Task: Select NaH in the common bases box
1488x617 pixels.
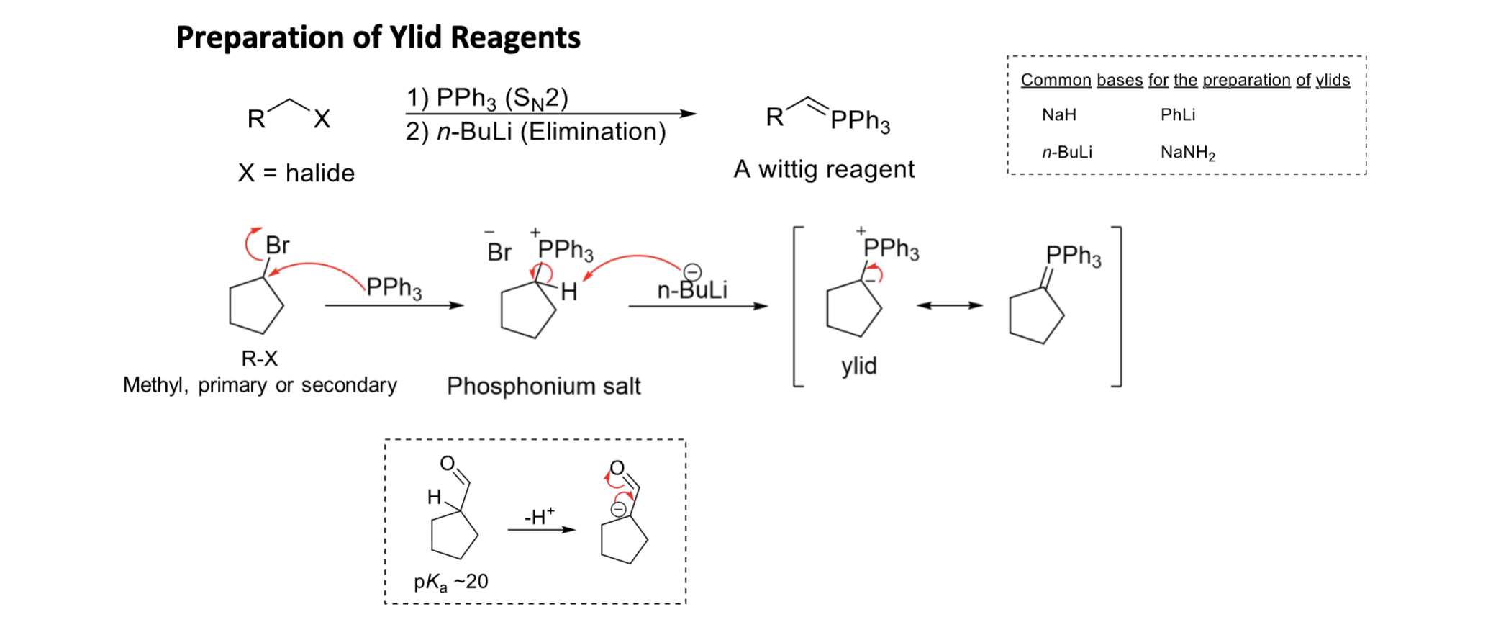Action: click(x=1058, y=114)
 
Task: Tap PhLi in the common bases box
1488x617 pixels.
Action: click(x=1177, y=114)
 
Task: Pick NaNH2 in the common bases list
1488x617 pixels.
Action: click(x=1187, y=152)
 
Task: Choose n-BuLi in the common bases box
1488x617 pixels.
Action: click(x=1066, y=152)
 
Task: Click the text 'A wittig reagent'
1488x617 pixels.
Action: click(x=824, y=169)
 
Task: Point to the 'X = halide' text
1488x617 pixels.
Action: click(x=296, y=173)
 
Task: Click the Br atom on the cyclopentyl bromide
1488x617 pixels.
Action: click(x=277, y=246)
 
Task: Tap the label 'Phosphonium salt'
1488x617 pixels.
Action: click(x=543, y=386)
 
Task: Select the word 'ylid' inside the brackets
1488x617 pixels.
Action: click(x=859, y=366)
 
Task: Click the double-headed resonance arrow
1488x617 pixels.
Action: click(x=949, y=305)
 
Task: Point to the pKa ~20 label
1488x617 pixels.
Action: click(x=451, y=582)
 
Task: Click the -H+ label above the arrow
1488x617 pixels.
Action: click(x=539, y=516)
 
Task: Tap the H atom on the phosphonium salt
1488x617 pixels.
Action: click(x=568, y=292)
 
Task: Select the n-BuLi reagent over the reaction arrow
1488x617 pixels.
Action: click(x=691, y=289)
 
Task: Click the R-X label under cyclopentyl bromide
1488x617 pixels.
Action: click(x=259, y=359)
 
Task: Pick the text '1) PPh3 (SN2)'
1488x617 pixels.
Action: click(x=487, y=97)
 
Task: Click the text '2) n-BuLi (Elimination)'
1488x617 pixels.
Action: click(x=535, y=132)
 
